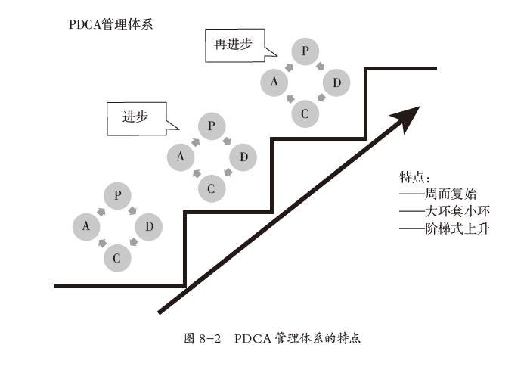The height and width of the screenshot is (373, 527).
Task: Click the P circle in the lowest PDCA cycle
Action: point(117,196)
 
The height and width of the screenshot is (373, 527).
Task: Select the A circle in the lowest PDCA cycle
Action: point(87,226)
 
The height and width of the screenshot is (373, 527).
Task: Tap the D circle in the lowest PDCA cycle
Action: point(149,226)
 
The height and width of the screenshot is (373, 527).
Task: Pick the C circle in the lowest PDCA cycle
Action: point(117,257)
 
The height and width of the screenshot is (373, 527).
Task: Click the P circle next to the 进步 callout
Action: point(212,126)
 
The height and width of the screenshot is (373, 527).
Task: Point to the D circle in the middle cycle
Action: point(243,157)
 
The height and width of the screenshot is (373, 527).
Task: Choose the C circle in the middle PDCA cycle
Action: point(212,188)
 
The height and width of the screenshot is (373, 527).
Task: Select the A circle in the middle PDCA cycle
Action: point(181,157)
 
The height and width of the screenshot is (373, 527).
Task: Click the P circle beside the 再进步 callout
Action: point(305,51)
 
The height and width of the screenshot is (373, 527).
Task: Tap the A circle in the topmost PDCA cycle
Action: point(274,82)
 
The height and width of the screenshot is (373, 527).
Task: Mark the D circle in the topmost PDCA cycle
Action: point(336,82)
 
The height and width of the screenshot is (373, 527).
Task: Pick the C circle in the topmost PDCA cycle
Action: point(305,113)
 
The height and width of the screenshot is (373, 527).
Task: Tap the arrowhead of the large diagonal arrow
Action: point(407,117)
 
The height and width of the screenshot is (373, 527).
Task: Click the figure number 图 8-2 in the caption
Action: point(203,337)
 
